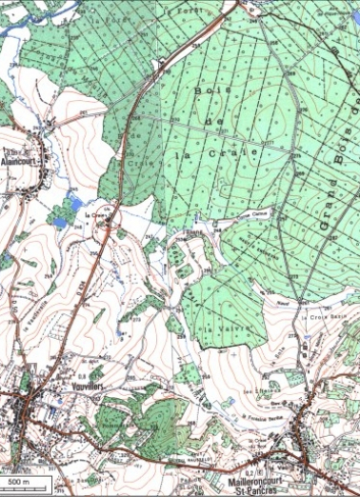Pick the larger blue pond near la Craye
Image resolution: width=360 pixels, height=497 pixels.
pyautogui.click(x=60, y=222)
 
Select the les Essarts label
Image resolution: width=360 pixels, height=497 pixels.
pyautogui.click(x=258, y=388)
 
